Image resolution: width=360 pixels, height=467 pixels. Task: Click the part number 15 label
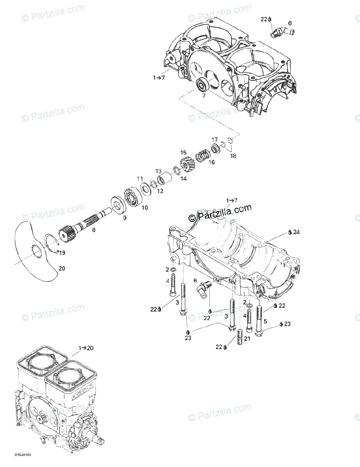click(x=183, y=153)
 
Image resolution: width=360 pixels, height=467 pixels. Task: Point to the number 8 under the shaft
click(x=93, y=230)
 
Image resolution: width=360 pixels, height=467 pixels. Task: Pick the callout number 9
click(x=125, y=218)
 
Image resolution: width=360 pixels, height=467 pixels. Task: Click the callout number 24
click(x=297, y=232)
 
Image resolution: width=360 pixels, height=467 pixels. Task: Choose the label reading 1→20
click(x=86, y=348)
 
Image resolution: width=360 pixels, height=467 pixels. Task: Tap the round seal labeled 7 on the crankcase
click(x=202, y=85)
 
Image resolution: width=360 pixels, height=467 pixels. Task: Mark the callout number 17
click(x=215, y=139)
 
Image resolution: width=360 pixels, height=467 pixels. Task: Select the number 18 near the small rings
click(x=233, y=156)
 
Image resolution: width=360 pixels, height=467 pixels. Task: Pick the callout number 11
click(x=140, y=179)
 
